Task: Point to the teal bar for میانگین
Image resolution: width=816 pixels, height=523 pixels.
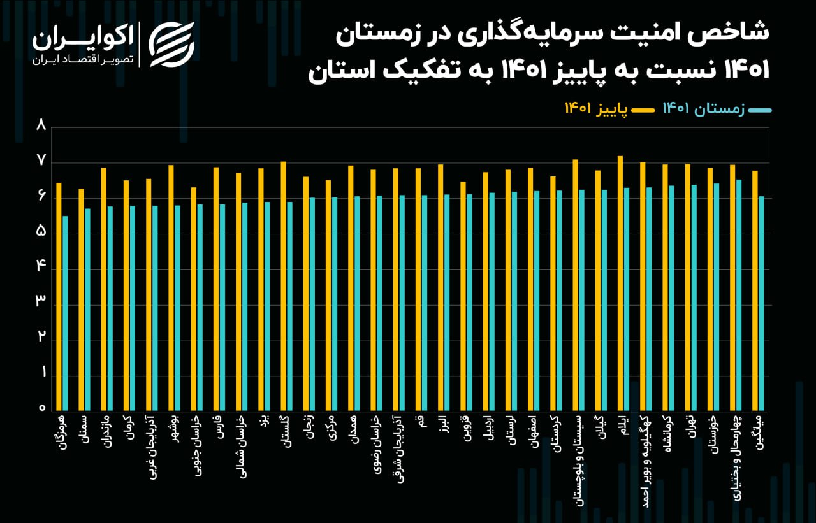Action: pos(761,303)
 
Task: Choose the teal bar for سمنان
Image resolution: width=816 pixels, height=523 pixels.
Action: pos(88,310)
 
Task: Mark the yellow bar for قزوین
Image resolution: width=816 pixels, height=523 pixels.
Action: pos(463,296)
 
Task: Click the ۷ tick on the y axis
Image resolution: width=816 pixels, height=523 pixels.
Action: pos(42,162)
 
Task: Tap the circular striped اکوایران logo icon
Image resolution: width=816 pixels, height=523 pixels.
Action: pos(171,43)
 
